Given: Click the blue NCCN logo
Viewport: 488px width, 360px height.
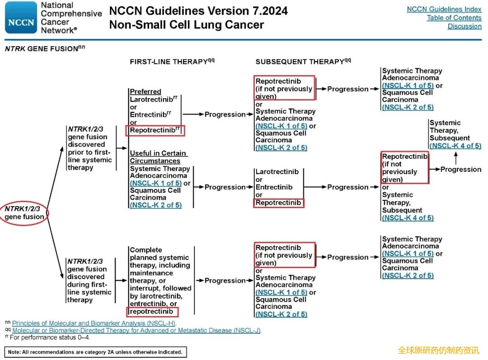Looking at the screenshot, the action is pyautogui.click(x=21, y=18).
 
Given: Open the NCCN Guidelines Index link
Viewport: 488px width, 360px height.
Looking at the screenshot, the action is pyautogui.click(x=444, y=9).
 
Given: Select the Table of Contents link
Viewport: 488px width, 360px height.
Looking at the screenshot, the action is pyautogui.click(x=454, y=18).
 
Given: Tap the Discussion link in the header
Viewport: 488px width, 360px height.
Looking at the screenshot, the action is pyautogui.click(x=465, y=26).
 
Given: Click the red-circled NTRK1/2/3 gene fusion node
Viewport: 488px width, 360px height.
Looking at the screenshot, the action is pyautogui.click(x=24, y=213).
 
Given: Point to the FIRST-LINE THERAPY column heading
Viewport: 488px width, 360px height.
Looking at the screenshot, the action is pyautogui.click(x=172, y=62).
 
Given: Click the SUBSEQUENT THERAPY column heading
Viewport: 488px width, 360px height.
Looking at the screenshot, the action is pyautogui.click(x=303, y=62).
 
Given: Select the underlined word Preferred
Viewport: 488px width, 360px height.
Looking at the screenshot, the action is pyautogui.click(x=145, y=91).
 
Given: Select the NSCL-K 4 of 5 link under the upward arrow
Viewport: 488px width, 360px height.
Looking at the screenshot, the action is pyautogui.click(x=455, y=146).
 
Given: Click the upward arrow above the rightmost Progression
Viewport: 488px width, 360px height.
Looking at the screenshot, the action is pyautogui.click(x=456, y=158).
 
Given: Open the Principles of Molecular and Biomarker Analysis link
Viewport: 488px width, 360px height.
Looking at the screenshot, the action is pyautogui.click(x=94, y=323).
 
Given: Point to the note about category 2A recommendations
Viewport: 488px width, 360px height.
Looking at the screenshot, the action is pyautogui.click(x=95, y=352).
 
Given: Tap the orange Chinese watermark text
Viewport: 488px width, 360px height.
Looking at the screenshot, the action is pyautogui.click(x=438, y=351).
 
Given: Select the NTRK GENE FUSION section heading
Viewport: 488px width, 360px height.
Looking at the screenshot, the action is pyautogui.click(x=45, y=48).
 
